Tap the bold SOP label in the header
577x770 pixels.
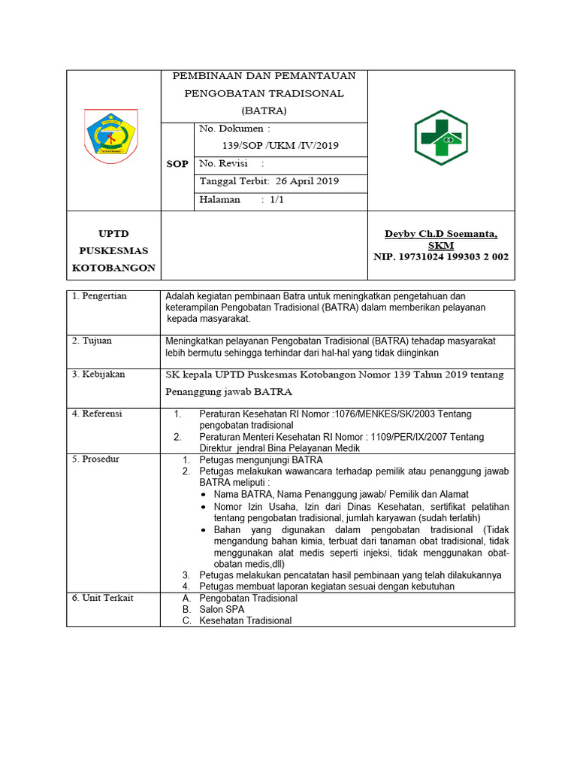click(177, 164)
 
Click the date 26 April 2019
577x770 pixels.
click(307, 181)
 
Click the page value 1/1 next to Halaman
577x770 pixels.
click(276, 199)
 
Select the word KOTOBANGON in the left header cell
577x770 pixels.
click(113, 268)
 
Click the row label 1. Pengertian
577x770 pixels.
click(99, 296)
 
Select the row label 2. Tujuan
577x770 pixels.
click(92, 341)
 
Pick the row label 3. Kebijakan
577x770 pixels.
click(98, 374)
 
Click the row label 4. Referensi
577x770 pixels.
click(97, 414)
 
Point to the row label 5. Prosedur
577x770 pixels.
click(95, 459)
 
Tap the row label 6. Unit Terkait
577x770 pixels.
click(102, 597)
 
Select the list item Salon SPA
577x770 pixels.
click(223, 609)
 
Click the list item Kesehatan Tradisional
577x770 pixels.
click(245, 620)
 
